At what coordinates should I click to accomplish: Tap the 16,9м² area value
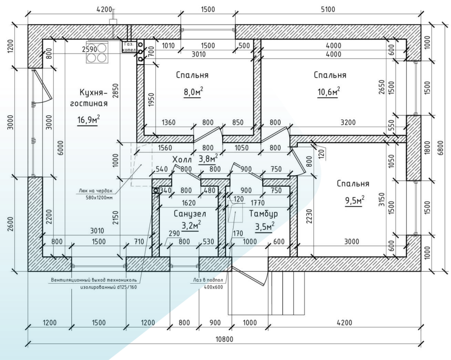[88, 120]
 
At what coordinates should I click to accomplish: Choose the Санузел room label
[190, 213]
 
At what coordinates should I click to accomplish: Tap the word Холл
[183, 159]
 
